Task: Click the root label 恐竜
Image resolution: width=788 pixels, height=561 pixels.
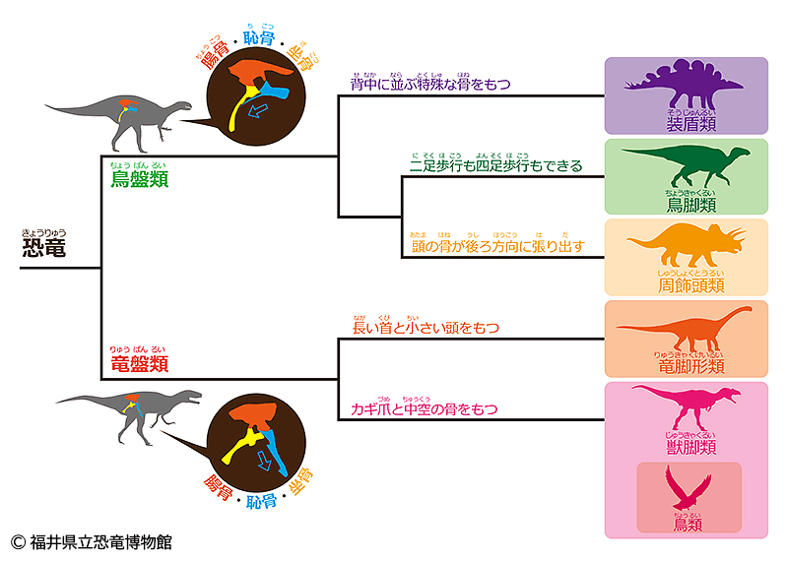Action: click(x=44, y=246)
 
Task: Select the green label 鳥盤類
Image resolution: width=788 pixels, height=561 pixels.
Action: click(x=139, y=178)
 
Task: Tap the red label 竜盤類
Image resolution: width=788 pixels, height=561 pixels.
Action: click(x=139, y=363)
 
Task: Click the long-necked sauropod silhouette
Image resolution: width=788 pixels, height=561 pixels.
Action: click(x=686, y=330)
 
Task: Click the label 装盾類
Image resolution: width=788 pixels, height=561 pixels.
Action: click(x=689, y=124)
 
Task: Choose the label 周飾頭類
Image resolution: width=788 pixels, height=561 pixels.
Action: click(x=690, y=285)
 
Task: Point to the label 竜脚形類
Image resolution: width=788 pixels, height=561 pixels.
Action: click(x=689, y=366)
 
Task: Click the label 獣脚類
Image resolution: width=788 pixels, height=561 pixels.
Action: click(x=689, y=447)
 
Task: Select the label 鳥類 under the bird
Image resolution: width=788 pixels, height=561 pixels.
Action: click(x=689, y=525)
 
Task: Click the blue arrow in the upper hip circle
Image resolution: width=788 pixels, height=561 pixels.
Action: click(x=258, y=112)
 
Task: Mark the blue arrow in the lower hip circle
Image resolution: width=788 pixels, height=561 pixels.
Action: click(x=263, y=461)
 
